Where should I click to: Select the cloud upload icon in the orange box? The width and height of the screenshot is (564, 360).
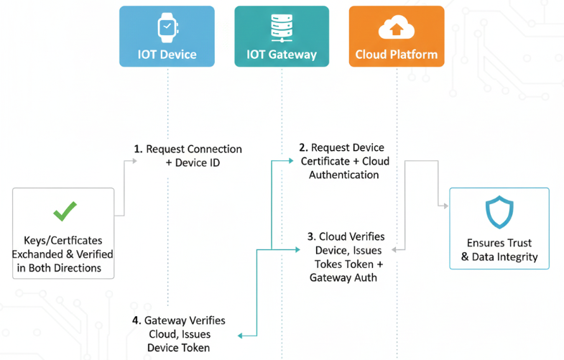click(395, 28)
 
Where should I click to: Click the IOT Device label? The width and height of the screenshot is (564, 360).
click(167, 55)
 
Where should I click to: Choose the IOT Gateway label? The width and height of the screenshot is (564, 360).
click(281, 55)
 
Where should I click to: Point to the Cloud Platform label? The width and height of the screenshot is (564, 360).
click(396, 55)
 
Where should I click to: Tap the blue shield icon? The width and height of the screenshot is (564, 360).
click(499, 213)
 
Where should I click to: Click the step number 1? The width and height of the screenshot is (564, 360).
click(137, 149)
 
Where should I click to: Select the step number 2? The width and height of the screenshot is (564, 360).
click(302, 148)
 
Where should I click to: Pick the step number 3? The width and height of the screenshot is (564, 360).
click(310, 236)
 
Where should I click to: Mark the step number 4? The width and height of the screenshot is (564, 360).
click(137, 320)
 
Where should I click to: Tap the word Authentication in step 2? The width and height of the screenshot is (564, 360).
click(343, 175)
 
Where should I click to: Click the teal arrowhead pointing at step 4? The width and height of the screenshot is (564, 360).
click(241, 335)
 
